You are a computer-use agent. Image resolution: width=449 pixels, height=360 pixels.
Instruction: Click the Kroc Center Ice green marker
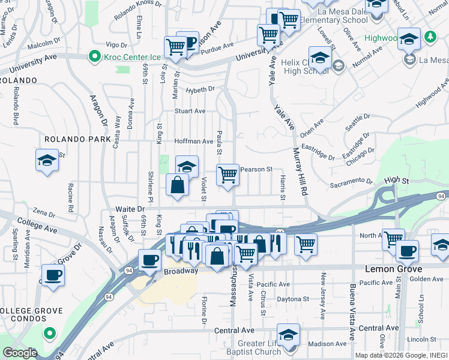[x=94, y=57]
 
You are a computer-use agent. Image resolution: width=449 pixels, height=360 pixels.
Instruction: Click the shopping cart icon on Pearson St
[x=228, y=176]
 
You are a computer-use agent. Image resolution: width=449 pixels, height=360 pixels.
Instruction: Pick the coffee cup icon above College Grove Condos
[x=52, y=275]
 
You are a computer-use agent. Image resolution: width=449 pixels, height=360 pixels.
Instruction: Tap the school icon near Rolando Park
[x=47, y=161]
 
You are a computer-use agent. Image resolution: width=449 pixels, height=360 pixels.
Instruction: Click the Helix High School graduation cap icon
[x=321, y=58]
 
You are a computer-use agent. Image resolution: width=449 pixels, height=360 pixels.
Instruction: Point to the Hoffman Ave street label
[x=194, y=142]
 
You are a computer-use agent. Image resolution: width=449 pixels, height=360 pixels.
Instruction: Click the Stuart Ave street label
[x=190, y=111]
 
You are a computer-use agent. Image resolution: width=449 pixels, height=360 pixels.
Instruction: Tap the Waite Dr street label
[x=130, y=209]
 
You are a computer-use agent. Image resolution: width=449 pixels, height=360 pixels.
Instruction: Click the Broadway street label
[x=181, y=271]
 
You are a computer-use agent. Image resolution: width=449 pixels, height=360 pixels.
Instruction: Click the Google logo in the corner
[x=20, y=353]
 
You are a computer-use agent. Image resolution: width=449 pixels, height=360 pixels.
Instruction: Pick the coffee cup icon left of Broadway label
[x=149, y=260]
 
